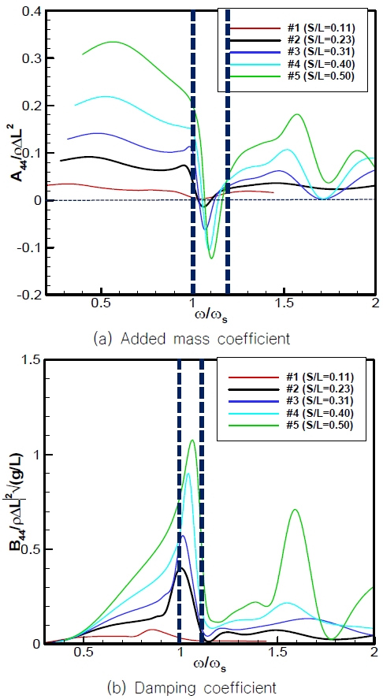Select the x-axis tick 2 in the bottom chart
[372, 653]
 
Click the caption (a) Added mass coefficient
[191, 340]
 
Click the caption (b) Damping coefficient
[191, 687]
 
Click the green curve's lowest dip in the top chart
[210, 258]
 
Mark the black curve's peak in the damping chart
[181, 567]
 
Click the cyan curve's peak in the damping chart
[188, 474]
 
